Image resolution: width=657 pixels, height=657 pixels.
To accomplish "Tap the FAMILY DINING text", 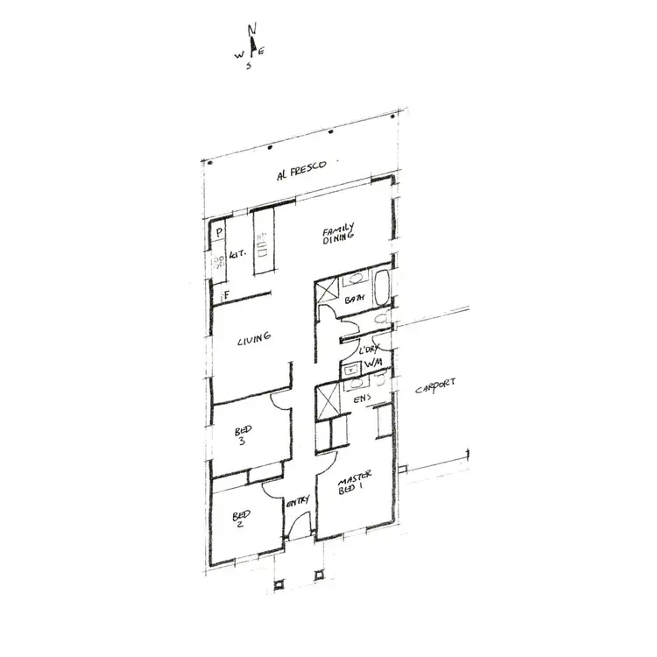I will point(338,233).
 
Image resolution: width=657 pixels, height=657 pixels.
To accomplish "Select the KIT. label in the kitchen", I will point(237,254).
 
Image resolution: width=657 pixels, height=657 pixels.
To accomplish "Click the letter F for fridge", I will point(225,295).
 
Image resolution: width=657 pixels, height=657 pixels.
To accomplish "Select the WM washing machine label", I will point(372,363).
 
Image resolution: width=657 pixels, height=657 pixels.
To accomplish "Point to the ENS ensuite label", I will point(360,399).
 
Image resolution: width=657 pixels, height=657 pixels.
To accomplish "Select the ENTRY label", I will point(298,500).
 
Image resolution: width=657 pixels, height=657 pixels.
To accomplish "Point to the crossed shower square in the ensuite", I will point(328,405).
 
